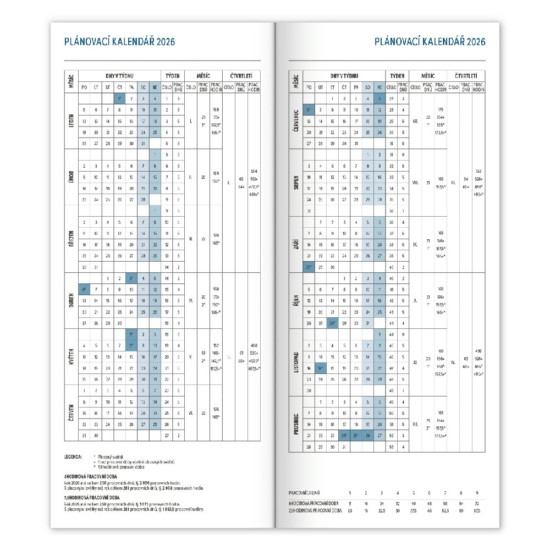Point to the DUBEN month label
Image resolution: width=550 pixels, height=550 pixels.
coord(71,300)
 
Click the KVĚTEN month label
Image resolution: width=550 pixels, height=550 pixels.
coord(71,356)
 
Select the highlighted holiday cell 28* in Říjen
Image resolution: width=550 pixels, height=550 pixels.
coord(332,323)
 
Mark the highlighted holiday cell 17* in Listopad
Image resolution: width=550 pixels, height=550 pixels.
coord(320,368)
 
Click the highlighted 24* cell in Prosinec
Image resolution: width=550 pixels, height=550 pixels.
coord(343,436)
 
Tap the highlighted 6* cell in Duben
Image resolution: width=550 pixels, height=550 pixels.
coord(84,289)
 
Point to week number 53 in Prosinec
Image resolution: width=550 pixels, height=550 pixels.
coord(392,447)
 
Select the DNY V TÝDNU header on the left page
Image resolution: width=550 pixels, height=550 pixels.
coord(119,75)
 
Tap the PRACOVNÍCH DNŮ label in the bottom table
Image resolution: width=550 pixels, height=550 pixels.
coord(304,492)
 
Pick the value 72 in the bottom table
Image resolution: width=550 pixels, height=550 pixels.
coord(477,503)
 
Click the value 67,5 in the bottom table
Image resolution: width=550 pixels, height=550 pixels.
coord(477,511)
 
